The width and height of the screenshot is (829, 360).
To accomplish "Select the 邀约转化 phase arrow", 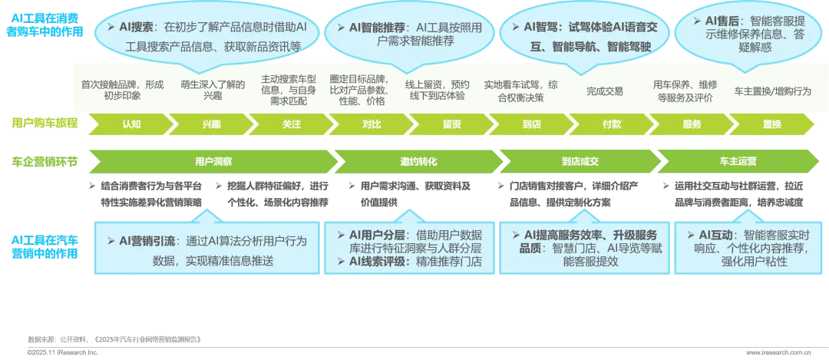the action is pos(418,162).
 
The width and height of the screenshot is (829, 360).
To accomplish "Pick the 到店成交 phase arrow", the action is pos(579,162).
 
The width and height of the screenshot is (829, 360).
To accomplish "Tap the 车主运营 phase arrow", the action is pos(738,162).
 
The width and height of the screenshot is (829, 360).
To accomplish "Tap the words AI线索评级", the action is pos(374,262).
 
